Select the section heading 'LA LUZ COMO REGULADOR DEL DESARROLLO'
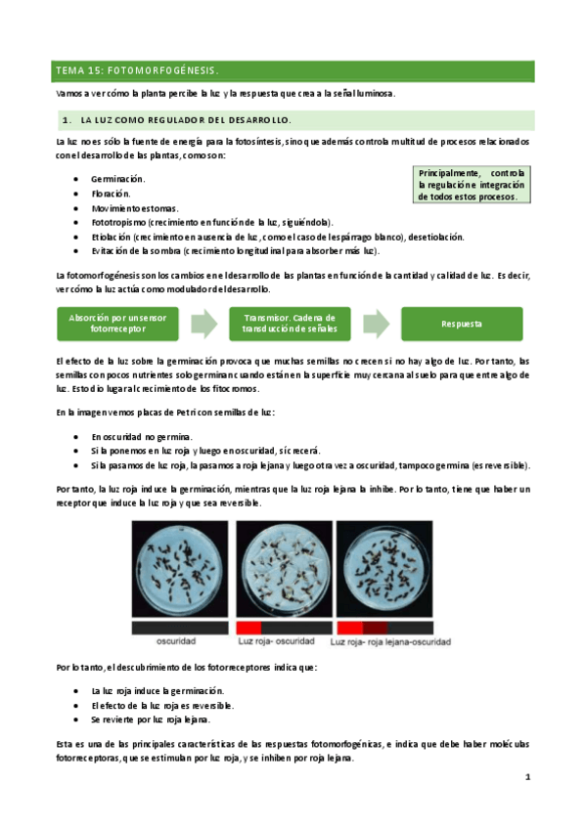[185, 120]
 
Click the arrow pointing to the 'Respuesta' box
[377, 324]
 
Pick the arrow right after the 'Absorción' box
[203, 324]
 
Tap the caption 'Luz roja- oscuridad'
[279, 642]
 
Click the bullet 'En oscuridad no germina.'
[142, 436]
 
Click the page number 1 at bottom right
[526, 778]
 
